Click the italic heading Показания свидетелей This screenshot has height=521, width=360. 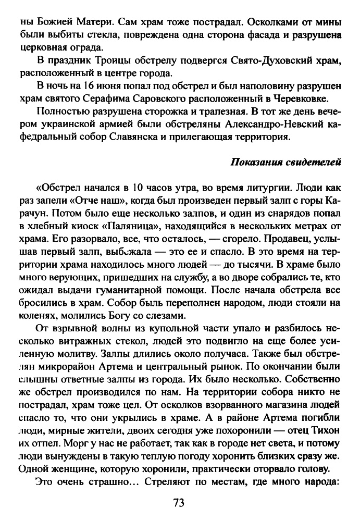click(x=285, y=162)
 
